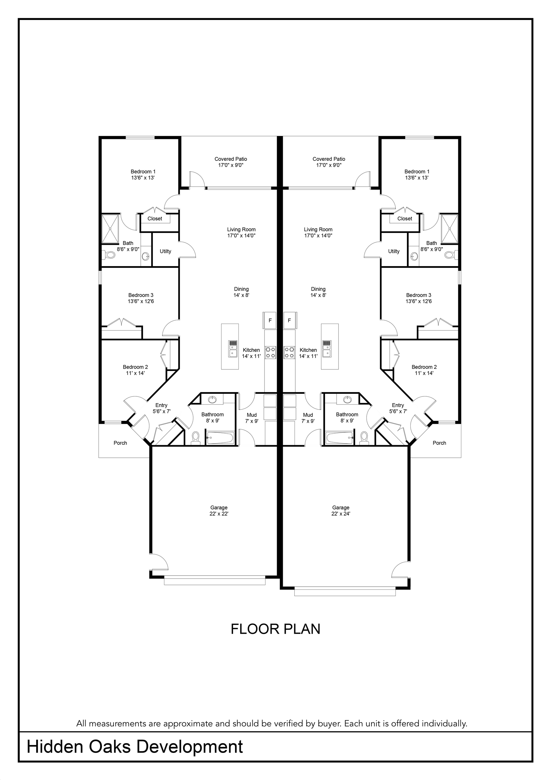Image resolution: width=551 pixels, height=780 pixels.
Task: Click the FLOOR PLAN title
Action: pyautogui.click(x=275, y=629)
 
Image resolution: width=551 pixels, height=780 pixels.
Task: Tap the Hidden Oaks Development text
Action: pyautogui.click(x=135, y=747)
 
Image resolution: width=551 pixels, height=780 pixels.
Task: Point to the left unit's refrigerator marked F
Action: pyautogui.click(x=270, y=320)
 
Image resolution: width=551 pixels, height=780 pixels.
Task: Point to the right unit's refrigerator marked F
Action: pyautogui.click(x=290, y=320)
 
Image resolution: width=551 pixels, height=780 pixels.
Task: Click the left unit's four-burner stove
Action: pyautogui.click(x=270, y=352)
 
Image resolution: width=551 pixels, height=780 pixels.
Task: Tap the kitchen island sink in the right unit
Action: pyautogui.click(x=327, y=349)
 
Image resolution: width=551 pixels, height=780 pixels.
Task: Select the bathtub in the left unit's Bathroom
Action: pyautogui.click(x=220, y=438)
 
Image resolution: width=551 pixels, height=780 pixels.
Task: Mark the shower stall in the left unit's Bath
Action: pyautogui.click(x=111, y=229)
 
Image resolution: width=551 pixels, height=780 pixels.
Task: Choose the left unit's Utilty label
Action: pyautogui.click(x=165, y=252)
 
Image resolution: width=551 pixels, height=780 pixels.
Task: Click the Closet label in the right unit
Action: pyautogui.click(x=405, y=219)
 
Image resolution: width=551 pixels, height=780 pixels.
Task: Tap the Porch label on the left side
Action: pyautogui.click(x=120, y=443)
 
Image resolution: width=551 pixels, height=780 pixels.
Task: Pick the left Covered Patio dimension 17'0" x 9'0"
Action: pyautogui.click(x=231, y=166)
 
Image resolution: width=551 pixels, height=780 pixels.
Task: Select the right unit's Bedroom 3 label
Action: pyautogui.click(x=419, y=295)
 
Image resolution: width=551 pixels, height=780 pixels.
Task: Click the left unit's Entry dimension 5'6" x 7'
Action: pyautogui.click(x=162, y=411)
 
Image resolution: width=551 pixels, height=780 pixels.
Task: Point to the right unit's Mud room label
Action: pyautogui.click(x=308, y=415)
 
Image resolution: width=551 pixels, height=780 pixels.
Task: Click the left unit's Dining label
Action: pyautogui.click(x=242, y=289)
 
